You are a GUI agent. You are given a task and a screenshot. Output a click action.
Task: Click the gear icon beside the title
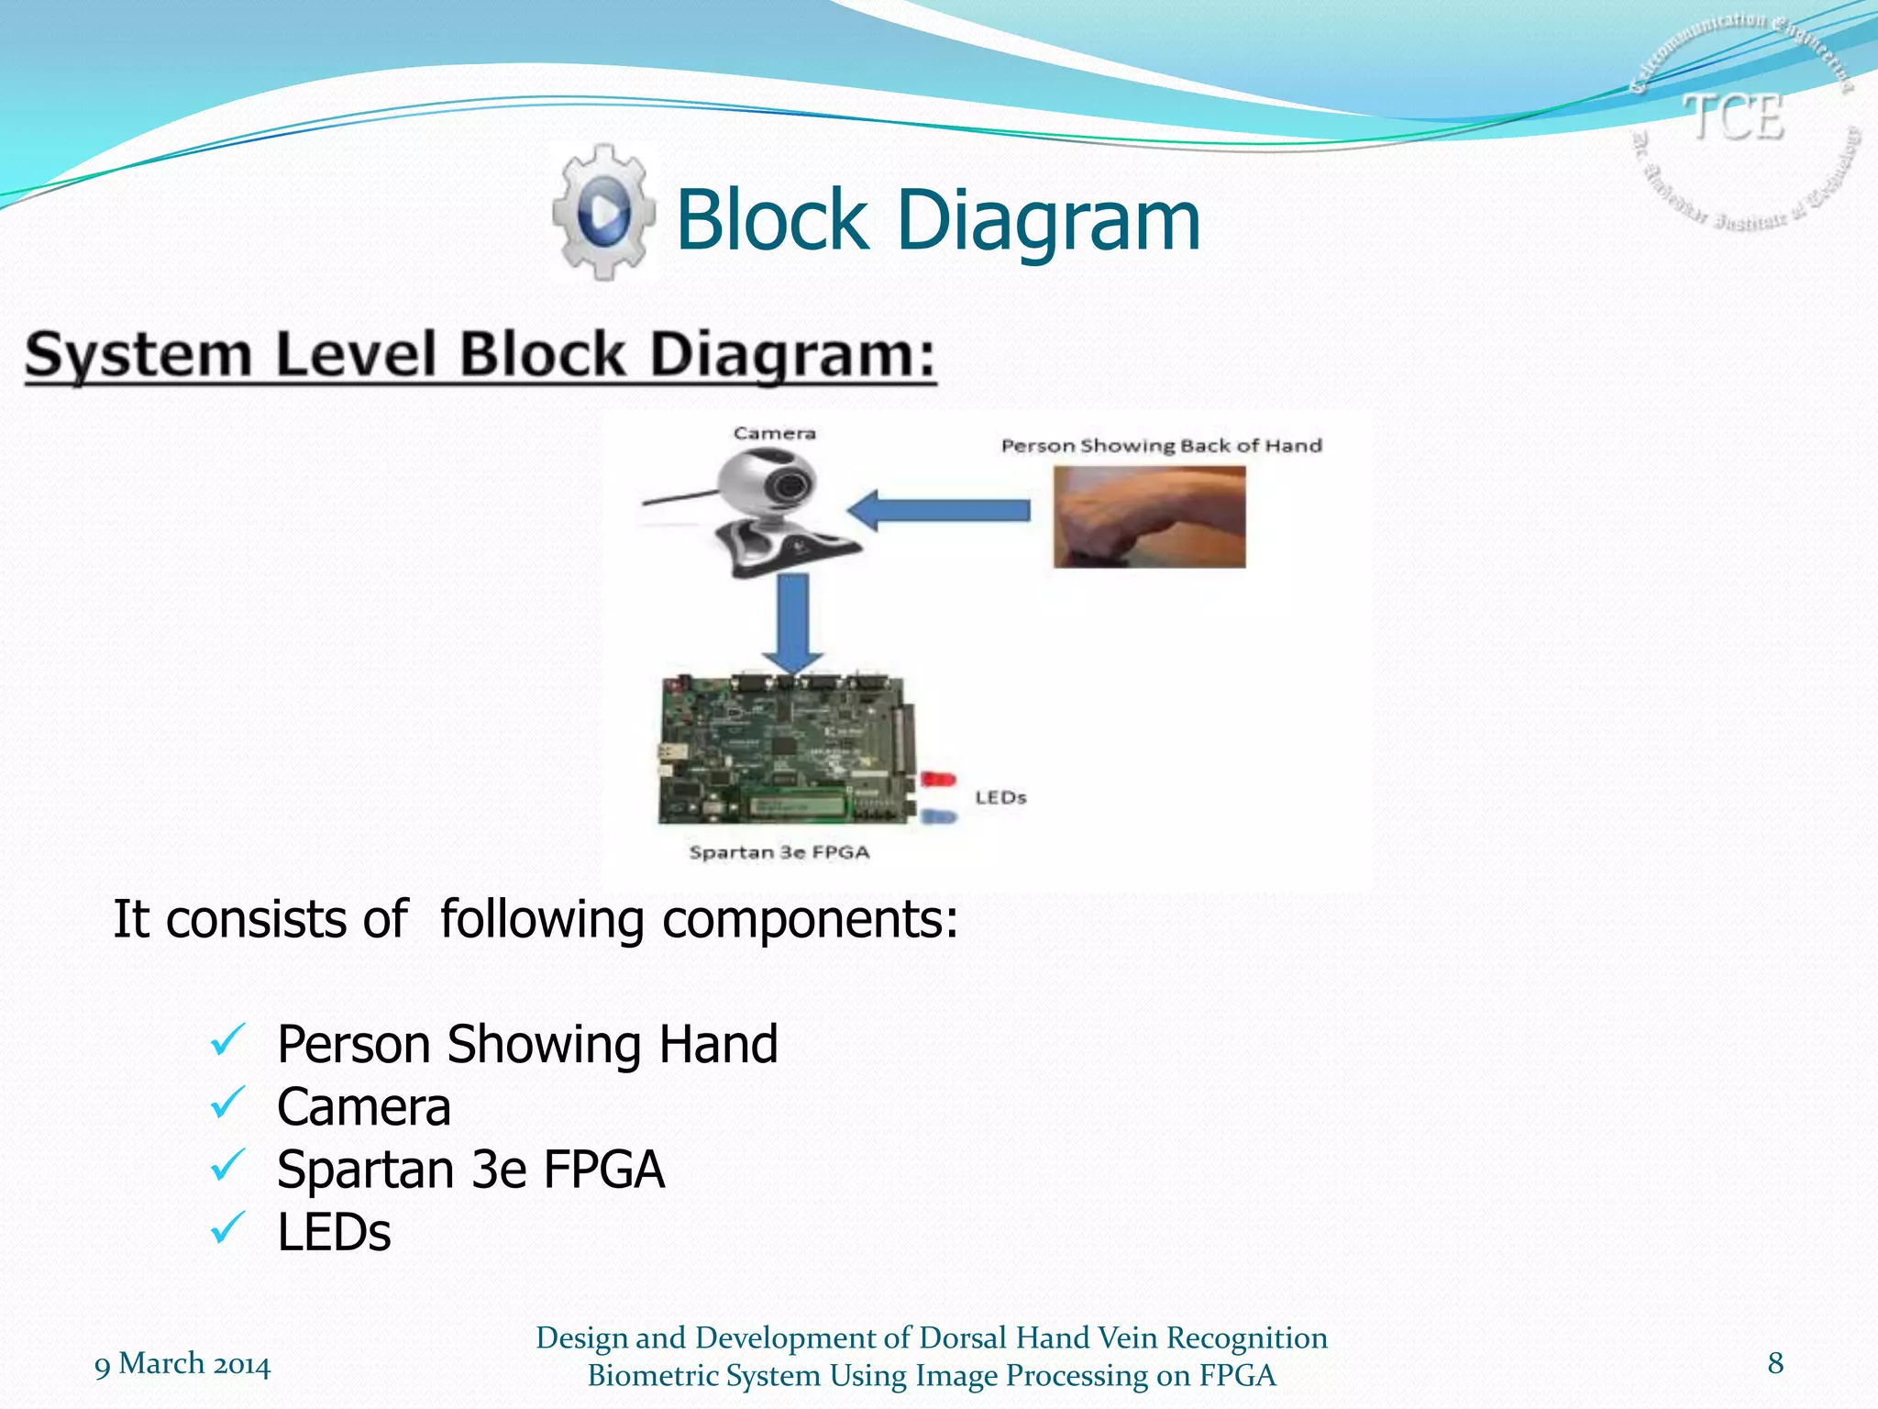(603, 212)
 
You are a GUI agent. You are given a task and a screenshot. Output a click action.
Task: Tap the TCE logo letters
(1734, 117)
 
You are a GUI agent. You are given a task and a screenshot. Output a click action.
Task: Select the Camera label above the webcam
(774, 433)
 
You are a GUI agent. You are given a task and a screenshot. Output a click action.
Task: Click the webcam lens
(788, 484)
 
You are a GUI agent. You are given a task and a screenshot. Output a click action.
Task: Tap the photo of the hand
(1149, 516)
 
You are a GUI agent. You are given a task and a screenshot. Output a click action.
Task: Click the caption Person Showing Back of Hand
(1161, 446)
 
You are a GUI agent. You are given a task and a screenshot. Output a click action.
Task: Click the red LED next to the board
(937, 779)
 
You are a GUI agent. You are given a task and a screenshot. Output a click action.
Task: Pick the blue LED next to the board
(937, 815)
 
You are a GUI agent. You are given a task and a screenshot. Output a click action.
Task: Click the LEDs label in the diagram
(1000, 797)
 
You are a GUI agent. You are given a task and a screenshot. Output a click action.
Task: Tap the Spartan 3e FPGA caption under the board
(779, 852)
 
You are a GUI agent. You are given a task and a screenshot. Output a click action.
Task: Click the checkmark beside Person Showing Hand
(226, 1041)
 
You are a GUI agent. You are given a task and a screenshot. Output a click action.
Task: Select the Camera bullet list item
(364, 1107)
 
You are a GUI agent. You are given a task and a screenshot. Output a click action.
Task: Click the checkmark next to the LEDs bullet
(226, 1227)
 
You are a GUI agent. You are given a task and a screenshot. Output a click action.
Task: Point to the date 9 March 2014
(182, 1364)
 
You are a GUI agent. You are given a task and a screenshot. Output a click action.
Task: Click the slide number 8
(1775, 1362)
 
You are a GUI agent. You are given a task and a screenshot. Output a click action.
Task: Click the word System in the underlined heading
(138, 355)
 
